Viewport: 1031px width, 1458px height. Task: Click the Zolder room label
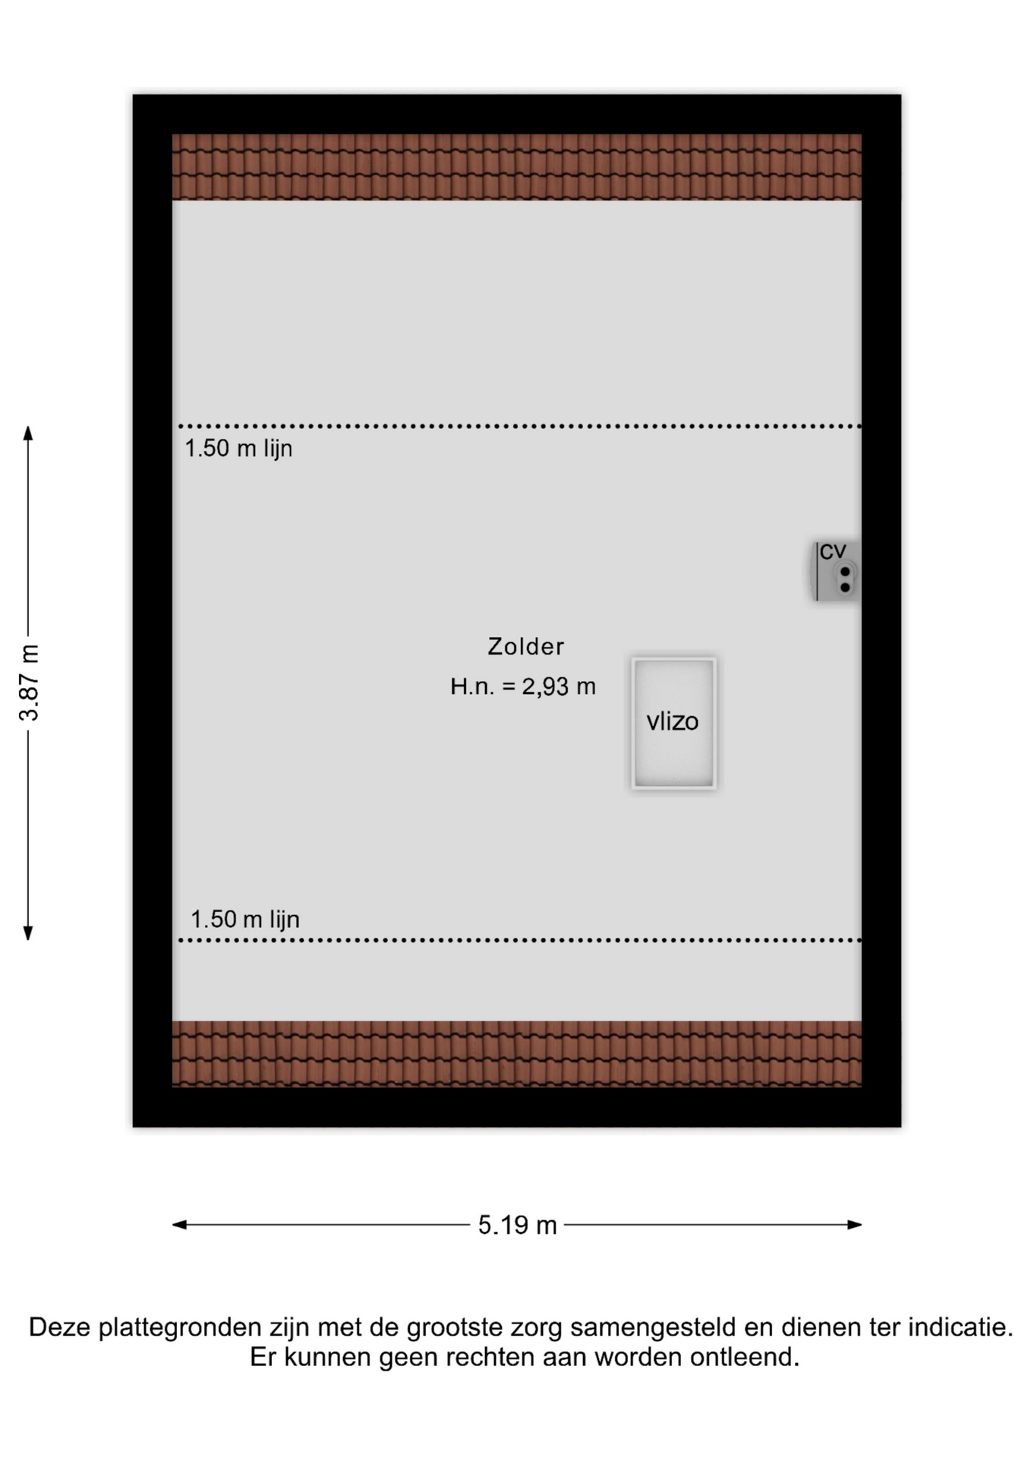525,646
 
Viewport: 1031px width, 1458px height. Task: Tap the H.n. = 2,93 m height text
522,686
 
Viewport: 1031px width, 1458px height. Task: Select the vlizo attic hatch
673,723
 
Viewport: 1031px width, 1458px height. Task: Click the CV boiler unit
835,571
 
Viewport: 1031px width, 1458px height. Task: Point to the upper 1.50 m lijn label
238,449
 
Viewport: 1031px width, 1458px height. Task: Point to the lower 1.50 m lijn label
245,920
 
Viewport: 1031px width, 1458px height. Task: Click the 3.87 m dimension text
30,683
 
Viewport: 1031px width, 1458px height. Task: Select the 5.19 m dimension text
517,1225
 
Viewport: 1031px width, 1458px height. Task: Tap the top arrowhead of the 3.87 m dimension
28,433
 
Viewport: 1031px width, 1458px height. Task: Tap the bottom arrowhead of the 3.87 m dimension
28,933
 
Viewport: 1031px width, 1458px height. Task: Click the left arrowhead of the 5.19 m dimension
180,1224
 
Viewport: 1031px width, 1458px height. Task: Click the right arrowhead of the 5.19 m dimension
854,1224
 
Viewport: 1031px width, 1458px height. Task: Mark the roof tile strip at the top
516,167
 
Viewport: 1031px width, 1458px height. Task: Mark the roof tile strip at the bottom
516,1054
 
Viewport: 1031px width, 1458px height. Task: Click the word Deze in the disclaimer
61,1327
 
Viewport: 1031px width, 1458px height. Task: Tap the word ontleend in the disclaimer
744,1357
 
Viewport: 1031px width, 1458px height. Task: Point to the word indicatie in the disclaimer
960,1327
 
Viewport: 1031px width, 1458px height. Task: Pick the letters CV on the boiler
833,551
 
